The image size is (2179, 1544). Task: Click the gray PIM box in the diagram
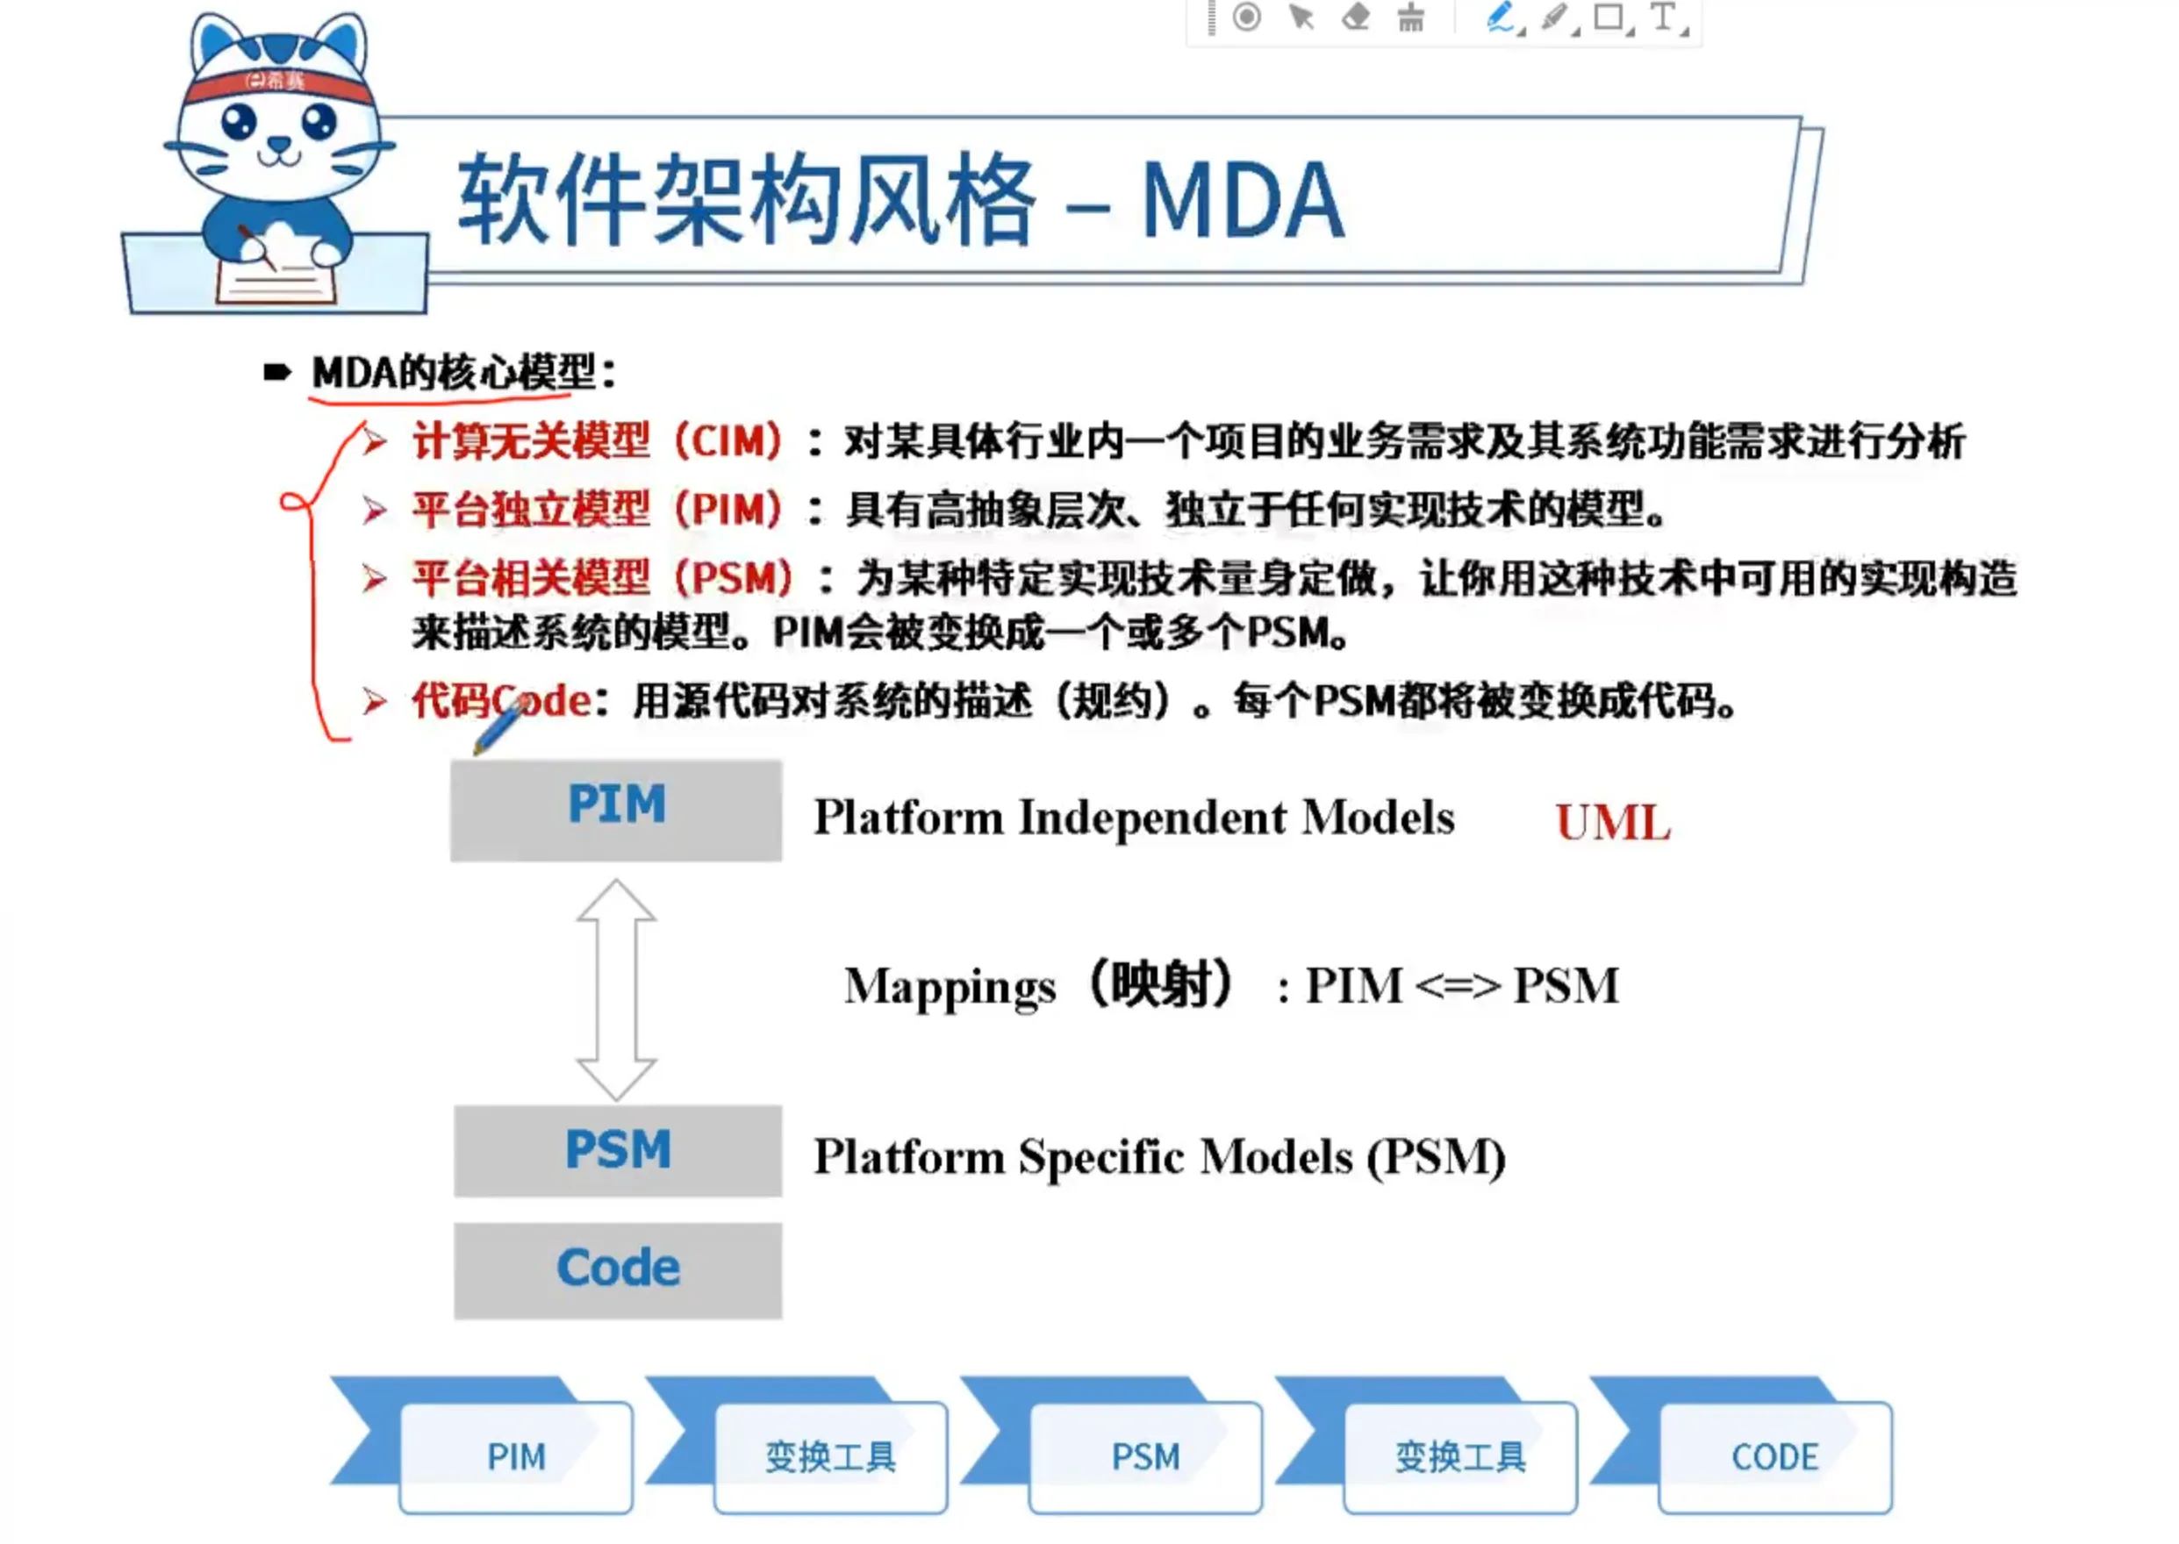coord(616,810)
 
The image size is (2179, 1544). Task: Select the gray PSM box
coord(618,1150)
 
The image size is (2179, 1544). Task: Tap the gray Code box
coord(618,1270)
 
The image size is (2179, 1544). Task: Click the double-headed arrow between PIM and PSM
coord(616,990)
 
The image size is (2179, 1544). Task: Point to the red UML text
coord(1613,822)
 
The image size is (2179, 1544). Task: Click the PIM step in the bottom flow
coord(515,1456)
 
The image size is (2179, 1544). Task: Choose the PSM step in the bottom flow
coord(1145,1456)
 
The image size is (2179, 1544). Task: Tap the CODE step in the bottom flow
coord(1774,1456)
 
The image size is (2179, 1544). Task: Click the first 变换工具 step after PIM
coord(830,1456)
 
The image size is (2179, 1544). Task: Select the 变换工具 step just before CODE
coord(1460,1456)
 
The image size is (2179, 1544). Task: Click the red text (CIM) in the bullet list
coord(728,441)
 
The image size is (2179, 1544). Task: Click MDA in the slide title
coord(1242,201)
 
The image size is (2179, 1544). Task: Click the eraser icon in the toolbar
coord(1355,18)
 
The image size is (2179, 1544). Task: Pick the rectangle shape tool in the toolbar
coord(1609,18)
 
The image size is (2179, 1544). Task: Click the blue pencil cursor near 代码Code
coord(498,725)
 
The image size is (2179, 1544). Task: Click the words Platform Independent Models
coord(1134,818)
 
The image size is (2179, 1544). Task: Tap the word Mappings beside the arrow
coord(950,987)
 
